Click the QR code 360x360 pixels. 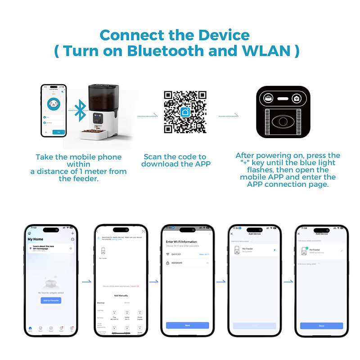[185, 112]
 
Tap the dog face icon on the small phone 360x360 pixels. [54, 104]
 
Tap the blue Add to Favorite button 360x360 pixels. [51, 300]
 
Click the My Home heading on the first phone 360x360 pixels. [36, 239]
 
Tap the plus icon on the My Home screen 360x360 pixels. [73, 234]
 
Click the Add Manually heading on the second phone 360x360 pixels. [120, 296]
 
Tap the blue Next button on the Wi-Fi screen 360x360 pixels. [187, 325]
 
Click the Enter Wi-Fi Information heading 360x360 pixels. [182, 242]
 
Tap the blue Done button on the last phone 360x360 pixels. [321, 325]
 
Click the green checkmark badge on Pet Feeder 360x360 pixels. [306, 247]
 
